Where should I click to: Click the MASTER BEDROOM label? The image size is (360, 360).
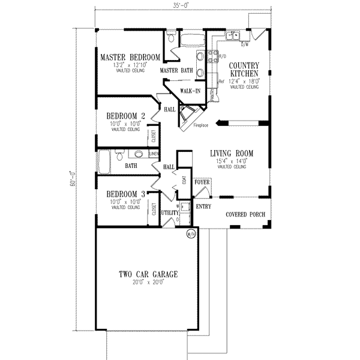pos(130,58)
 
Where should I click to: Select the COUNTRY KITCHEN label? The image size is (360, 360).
pos(244,69)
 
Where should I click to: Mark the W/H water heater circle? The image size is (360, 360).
pos(191,233)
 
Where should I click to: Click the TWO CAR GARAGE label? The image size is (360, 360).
pos(148,274)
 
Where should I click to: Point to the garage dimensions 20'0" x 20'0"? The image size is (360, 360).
pos(148,282)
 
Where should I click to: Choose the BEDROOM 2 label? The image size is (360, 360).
pos(125,116)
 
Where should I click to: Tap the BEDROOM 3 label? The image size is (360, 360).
pos(125,194)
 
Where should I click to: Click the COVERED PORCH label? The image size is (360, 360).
pos(245,215)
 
